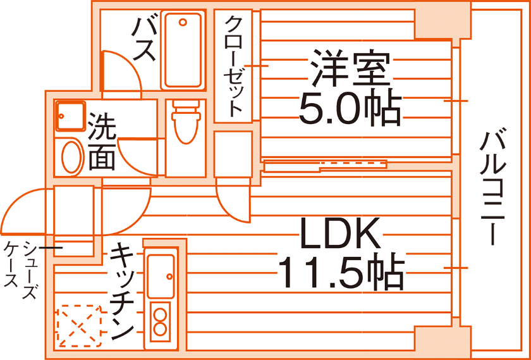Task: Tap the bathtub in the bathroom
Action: tap(183, 49)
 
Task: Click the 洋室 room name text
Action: tap(348, 68)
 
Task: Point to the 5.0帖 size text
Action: tap(349, 108)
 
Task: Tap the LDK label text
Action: tap(340, 234)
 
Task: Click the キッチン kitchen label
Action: tap(122, 292)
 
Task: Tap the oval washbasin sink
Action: tap(71, 157)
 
